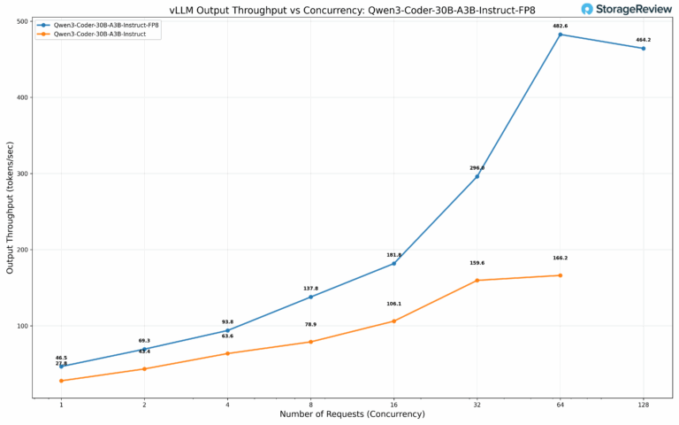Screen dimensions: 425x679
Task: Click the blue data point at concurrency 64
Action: point(560,35)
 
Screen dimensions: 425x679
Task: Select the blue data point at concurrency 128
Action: point(643,48)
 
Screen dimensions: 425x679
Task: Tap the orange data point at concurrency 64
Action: point(560,275)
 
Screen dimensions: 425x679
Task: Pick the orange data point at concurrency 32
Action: point(477,281)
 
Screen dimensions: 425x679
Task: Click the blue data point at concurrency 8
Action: point(310,297)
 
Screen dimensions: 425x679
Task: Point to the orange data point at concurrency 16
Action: point(393,321)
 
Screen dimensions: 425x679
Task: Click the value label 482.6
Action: point(560,26)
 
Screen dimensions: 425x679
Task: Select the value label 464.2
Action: point(643,40)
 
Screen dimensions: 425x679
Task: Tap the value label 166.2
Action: point(560,258)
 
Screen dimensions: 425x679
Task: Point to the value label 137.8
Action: point(310,288)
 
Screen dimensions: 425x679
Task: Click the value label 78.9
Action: point(310,324)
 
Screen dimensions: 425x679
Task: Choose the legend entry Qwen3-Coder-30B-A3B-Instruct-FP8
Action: point(98,27)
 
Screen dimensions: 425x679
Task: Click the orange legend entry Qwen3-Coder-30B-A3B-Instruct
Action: point(93,35)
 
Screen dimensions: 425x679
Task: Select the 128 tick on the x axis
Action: point(643,405)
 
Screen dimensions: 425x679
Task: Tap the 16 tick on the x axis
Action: point(393,405)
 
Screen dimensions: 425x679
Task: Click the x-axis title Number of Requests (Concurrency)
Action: point(352,414)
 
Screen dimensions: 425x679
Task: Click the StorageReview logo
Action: point(626,9)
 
